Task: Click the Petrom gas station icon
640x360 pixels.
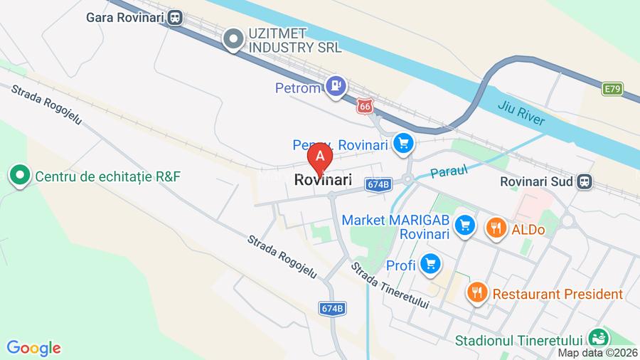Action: coord(336,88)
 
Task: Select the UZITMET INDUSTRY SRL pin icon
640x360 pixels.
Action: coord(233,40)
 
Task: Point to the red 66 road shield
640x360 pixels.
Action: coord(365,105)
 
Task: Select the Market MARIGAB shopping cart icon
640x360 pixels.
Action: coord(465,226)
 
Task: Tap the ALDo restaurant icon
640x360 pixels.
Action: coord(495,228)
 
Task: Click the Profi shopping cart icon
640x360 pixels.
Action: coord(430,265)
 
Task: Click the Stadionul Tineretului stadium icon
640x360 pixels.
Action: coord(599,338)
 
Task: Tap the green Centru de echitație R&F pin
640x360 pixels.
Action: coord(18,174)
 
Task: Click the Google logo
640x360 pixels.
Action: coord(33,348)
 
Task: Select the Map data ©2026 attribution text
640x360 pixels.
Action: coord(597,352)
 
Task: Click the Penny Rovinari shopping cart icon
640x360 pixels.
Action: coord(404,144)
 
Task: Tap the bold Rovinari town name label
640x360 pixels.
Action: coord(323,181)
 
